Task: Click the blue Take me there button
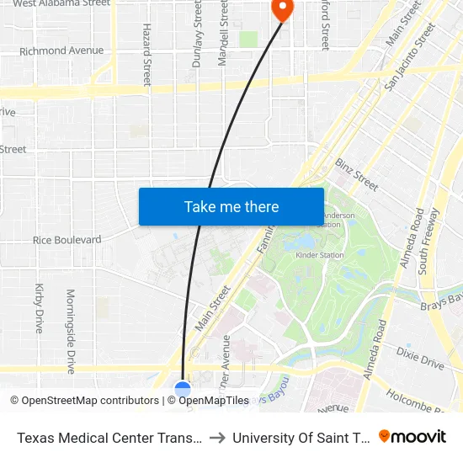(x=231, y=206)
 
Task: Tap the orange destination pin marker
(x=281, y=9)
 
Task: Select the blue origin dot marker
(x=183, y=390)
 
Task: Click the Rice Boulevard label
(x=67, y=240)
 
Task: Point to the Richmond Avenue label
(x=61, y=51)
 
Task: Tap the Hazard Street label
(x=147, y=55)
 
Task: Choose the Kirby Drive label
(x=40, y=309)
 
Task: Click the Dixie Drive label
(x=420, y=358)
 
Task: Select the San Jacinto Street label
(x=410, y=56)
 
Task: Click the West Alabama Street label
(x=61, y=3)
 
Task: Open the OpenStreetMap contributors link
(x=83, y=401)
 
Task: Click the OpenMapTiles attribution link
(x=208, y=401)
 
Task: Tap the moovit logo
(x=412, y=436)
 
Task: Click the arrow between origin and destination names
(x=217, y=438)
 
